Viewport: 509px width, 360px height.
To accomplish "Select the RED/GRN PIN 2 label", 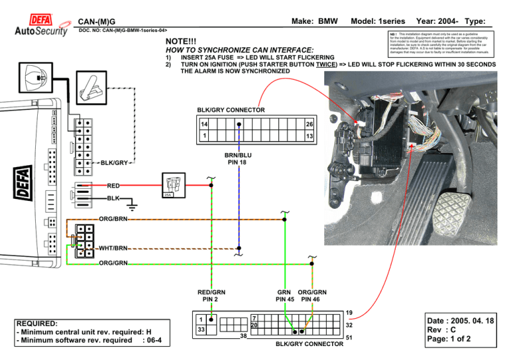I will (211, 295).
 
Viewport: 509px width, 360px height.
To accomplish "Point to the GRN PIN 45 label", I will (284, 295).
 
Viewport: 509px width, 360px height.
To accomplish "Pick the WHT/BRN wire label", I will (113, 249).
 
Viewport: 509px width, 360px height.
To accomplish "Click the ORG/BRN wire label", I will (113, 218).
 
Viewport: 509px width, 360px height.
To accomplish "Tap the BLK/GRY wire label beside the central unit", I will (114, 162).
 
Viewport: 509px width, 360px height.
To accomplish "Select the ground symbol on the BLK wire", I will (133, 200).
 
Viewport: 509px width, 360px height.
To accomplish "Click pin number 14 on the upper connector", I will (205, 124).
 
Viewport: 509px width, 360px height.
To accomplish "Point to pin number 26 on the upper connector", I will (308, 124).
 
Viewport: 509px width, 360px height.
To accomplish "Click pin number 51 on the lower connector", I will (350, 338).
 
